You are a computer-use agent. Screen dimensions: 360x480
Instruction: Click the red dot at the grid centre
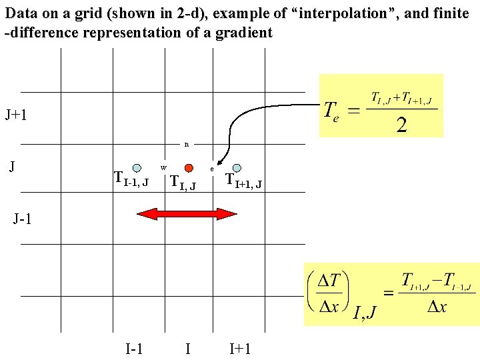coord(189,167)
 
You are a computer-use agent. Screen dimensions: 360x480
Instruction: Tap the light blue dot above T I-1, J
coord(137,168)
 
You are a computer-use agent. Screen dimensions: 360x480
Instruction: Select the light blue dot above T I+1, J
coord(237,168)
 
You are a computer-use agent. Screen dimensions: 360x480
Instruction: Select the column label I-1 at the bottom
coord(135,348)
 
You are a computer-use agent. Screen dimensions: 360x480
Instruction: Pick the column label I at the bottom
coord(188,348)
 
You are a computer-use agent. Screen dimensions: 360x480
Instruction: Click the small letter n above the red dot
coord(187,143)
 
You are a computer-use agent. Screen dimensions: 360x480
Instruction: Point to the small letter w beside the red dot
coord(163,166)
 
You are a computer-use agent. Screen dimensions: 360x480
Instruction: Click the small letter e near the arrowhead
coord(212,169)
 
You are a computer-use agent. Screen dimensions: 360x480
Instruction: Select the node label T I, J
coord(183,181)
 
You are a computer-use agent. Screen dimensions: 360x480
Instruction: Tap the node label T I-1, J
coord(131,179)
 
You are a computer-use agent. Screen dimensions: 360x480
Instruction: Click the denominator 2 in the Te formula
coord(402,125)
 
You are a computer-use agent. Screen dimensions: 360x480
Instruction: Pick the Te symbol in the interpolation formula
coord(332,110)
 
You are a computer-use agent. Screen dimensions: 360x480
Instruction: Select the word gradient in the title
coord(244,33)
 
